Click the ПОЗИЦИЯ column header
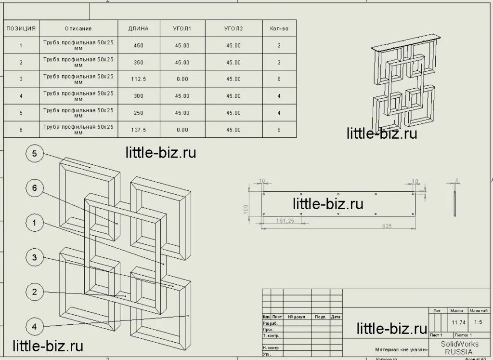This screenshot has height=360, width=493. (x=21, y=28)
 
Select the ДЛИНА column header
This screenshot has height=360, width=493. (x=138, y=28)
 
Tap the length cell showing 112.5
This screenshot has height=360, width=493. (x=138, y=79)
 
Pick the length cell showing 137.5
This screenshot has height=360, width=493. (x=138, y=130)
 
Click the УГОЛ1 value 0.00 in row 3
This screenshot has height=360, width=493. (x=182, y=79)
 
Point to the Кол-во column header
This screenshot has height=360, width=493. (x=279, y=28)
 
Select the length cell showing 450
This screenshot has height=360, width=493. (x=138, y=45)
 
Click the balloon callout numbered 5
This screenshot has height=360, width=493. (x=34, y=154)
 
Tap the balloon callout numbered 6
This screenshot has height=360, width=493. (x=34, y=188)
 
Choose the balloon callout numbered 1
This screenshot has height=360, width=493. (x=34, y=222)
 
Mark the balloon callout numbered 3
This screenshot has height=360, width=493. (x=34, y=257)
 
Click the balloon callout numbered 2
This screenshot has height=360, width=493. (x=34, y=292)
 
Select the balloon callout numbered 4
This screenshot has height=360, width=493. (x=34, y=326)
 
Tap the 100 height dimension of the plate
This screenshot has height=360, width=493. (x=246, y=208)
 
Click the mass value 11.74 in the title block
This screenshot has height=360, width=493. (x=457, y=322)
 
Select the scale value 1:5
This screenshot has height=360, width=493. (x=478, y=322)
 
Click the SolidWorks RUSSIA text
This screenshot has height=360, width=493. (x=460, y=347)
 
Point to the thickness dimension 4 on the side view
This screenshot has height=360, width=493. (x=457, y=181)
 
